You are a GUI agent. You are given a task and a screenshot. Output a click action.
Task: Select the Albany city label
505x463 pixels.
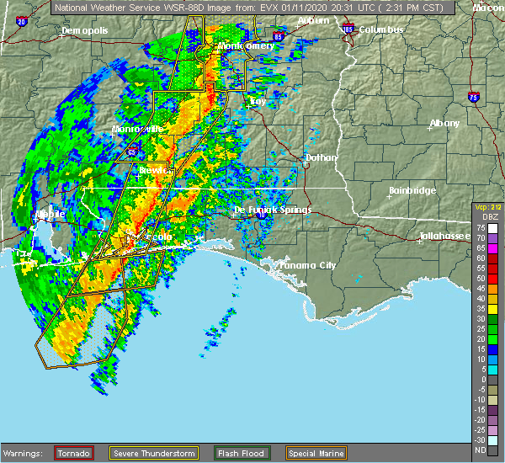[444, 123]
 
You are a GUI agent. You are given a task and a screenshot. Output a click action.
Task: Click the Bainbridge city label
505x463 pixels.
[412, 191]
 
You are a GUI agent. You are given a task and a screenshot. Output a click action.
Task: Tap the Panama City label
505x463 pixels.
[308, 265]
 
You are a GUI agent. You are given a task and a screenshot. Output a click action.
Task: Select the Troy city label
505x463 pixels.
[258, 101]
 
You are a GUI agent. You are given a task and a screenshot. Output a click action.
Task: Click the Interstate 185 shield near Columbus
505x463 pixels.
[348, 29]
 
